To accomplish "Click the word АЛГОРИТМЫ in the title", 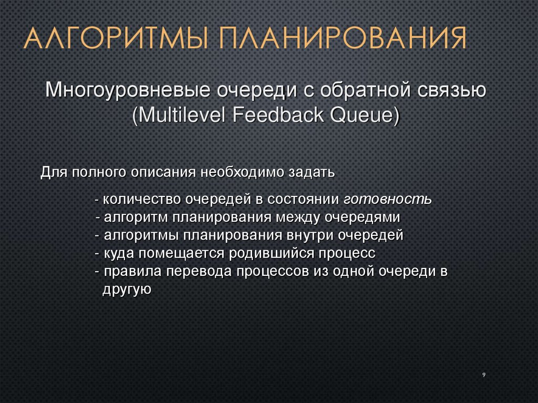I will coord(112,39).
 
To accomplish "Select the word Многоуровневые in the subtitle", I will coord(125,90).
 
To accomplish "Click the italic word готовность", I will coord(388,199).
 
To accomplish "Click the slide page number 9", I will coord(483,375).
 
